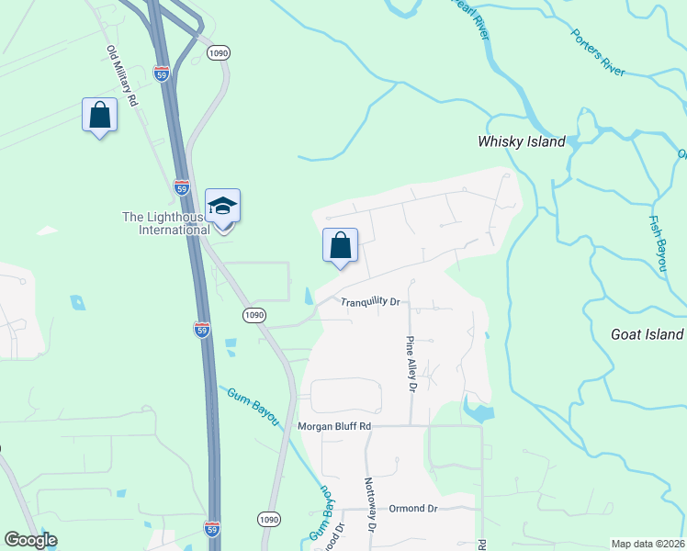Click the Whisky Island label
point(521,142)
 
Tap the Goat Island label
point(647,334)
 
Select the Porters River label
point(598,52)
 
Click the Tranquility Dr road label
point(371,302)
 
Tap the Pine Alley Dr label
point(411,365)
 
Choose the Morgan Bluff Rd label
point(334,426)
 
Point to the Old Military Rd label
point(121,75)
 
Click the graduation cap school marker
point(222,207)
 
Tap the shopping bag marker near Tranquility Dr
point(340,246)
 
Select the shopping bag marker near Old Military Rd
point(99,116)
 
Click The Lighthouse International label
point(166,223)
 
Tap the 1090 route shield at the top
point(218,53)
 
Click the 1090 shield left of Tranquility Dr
point(254,315)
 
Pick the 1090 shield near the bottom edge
point(267,519)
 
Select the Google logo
point(30,541)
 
